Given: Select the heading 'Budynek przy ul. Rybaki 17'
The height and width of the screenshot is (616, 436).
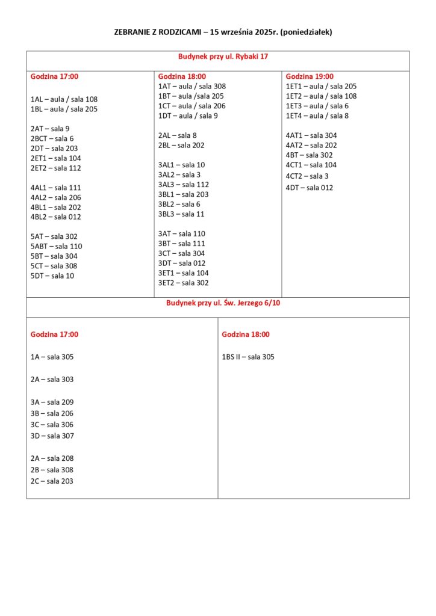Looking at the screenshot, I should click(x=223, y=56).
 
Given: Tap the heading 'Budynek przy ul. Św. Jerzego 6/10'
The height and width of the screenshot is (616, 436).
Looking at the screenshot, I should click(x=223, y=303).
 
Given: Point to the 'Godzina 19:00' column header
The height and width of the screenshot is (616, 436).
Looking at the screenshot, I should click(x=309, y=76).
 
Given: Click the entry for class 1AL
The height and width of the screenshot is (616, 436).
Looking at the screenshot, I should click(x=64, y=99).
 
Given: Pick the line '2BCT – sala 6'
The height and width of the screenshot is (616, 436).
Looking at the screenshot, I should click(x=52, y=138).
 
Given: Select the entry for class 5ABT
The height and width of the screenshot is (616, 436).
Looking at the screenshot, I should click(x=56, y=246).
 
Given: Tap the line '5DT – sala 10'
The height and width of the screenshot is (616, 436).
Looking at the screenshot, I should click(x=52, y=276).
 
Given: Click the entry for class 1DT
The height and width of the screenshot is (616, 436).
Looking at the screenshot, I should click(x=188, y=115).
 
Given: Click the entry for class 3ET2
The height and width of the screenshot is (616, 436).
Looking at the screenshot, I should click(x=183, y=283).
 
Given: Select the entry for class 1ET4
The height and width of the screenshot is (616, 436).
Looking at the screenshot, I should click(x=317, y=115).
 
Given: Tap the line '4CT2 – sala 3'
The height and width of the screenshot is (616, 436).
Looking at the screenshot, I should click(x=307, y=176).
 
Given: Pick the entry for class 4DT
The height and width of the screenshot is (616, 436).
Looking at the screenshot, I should click(x=309, y=188).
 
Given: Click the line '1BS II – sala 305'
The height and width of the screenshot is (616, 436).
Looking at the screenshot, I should click(x=248, y=357).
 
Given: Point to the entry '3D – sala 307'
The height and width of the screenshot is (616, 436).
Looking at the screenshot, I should click(x=52, y=436).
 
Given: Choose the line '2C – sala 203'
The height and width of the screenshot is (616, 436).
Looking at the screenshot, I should click(x=52, y=481).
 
